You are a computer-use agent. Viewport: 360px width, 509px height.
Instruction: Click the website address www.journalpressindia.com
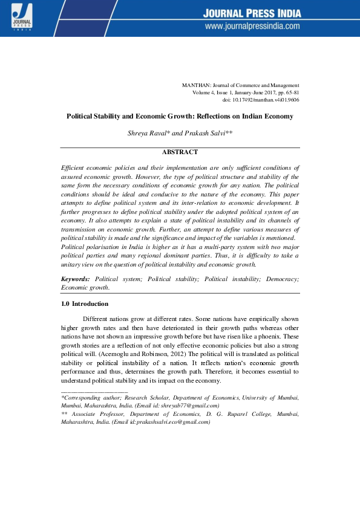coord(252,27)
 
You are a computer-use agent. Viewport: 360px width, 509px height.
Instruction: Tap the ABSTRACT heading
coord(180,153)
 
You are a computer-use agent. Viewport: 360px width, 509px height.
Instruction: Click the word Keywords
coord(75,279)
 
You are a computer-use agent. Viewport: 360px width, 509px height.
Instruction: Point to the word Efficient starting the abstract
coord(73,166)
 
